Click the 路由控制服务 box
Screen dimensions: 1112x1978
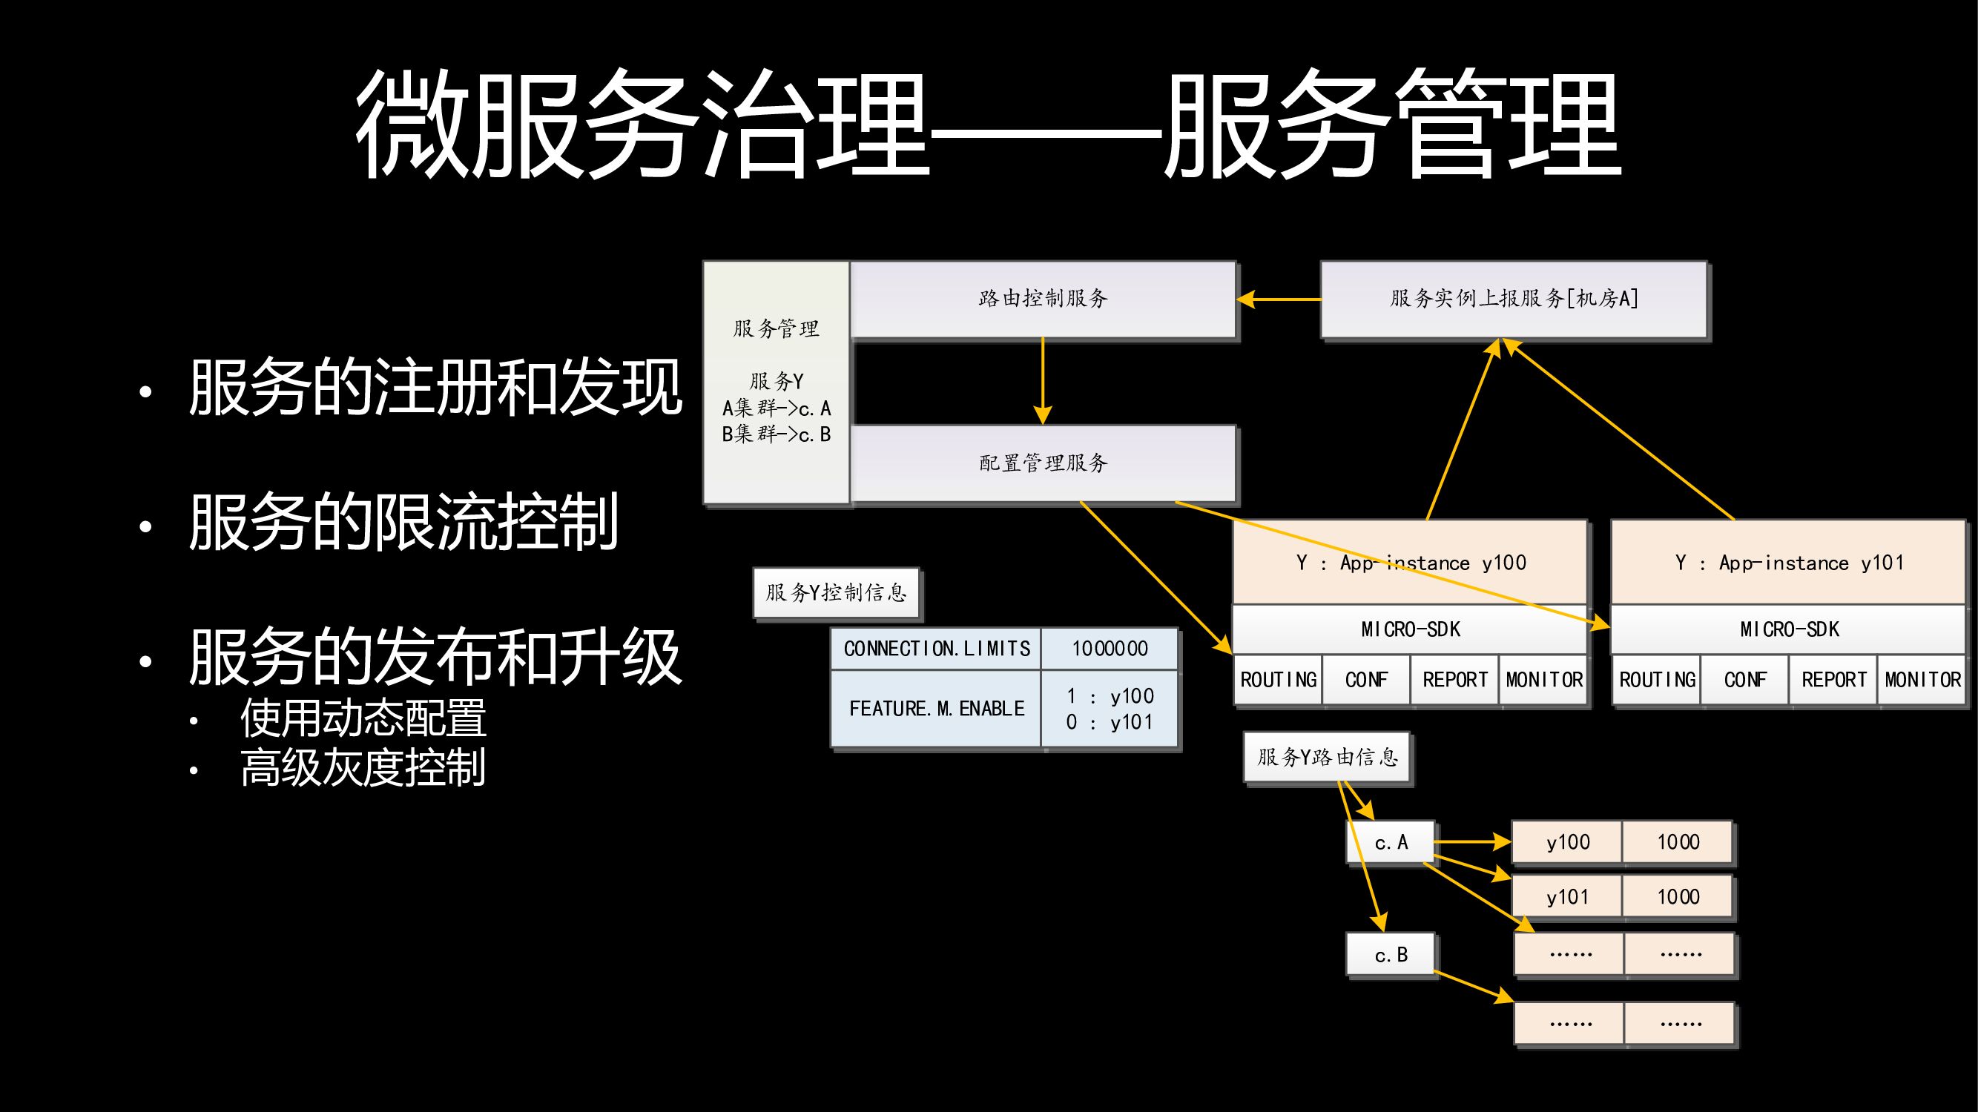1043,299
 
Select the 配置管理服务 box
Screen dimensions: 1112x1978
1043,463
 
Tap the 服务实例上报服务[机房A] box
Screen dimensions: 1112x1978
1514,299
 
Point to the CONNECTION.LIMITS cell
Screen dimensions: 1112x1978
936,649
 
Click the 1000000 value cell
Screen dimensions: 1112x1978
1110,649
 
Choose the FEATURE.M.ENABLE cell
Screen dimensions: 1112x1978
936,708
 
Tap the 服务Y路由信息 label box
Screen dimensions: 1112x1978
1327,758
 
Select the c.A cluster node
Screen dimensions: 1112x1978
1391,843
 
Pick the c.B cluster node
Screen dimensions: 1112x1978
1391,955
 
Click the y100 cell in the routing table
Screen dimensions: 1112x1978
1567,842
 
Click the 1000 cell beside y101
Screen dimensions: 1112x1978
1678,896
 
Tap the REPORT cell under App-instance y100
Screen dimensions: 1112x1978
1454,680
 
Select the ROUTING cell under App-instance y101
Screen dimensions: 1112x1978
1656,680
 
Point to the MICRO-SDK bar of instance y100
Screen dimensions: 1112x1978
1410,629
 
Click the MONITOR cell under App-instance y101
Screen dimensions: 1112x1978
1922,680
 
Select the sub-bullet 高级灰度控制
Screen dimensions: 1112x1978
363,767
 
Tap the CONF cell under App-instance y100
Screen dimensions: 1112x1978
1366,680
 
